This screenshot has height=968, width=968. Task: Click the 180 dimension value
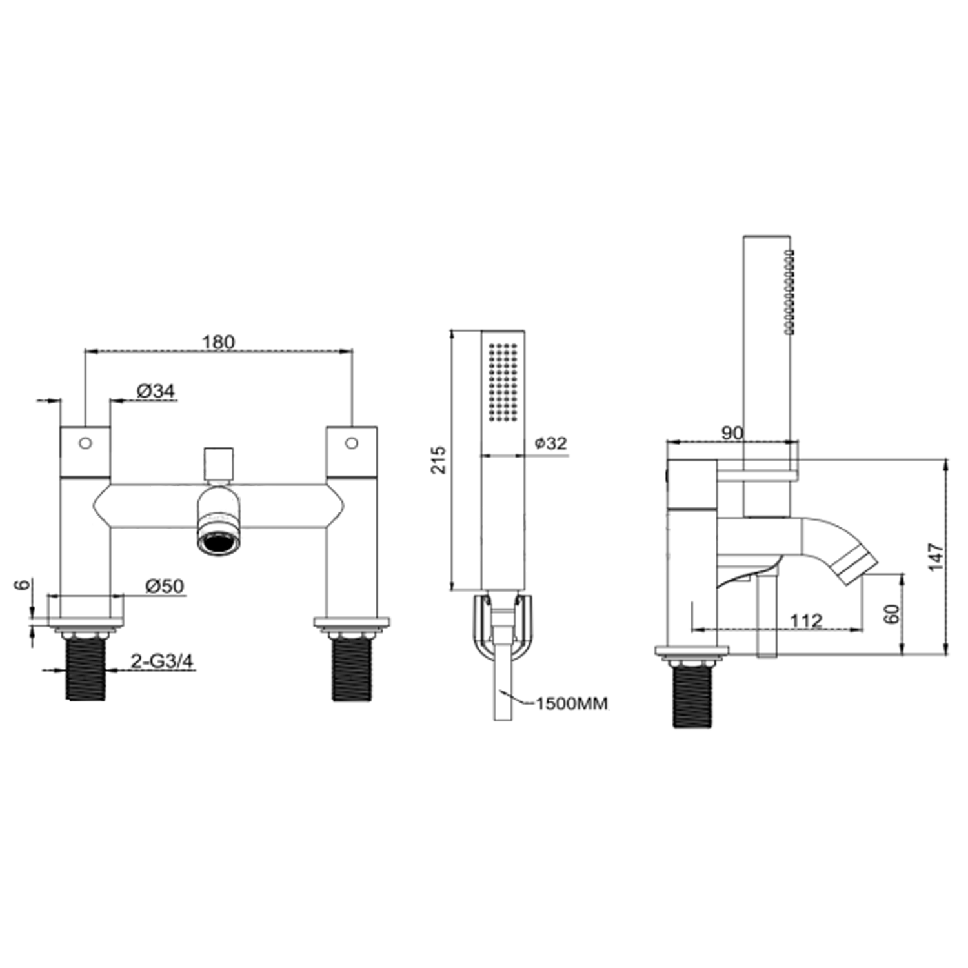[219, 341]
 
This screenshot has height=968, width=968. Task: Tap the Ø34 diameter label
[156, 390]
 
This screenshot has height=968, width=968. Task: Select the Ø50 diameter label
[165, 586]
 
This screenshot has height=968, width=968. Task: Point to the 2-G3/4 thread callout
[162, 661]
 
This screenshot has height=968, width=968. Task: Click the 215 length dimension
[439, 459]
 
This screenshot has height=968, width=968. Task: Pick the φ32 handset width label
[550, 443]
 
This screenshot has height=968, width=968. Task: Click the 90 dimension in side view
[732, 432]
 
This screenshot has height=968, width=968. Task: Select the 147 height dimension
[936, 557]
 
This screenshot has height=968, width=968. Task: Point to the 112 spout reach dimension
[807, 621]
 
